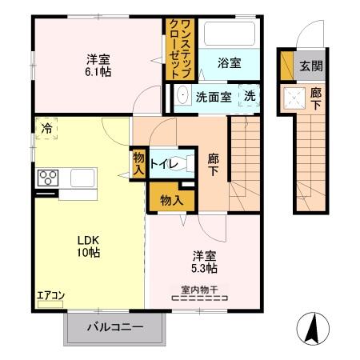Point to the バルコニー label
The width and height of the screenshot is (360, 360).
pos(114,327)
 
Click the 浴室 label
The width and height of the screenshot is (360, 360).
pos(228,63)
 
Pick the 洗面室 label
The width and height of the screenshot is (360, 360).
pos(214,96)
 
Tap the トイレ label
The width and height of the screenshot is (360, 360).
pos(175,163)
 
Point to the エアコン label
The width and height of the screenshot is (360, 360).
pos(50,295)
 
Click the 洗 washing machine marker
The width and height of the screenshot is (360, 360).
pos(250,96)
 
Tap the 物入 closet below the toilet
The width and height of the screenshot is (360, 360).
pos(168,198)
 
